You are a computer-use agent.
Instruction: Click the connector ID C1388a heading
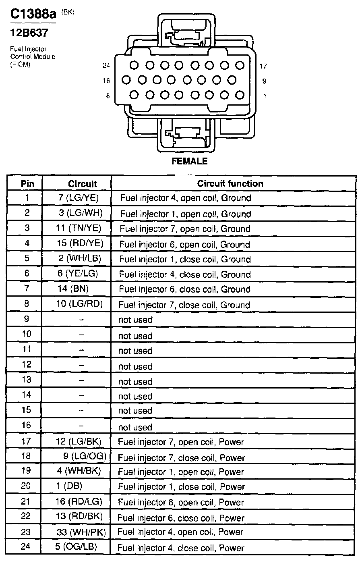[33, 15]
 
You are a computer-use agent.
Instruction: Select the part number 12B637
[29, 33]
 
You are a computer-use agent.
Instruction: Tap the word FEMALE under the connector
[189, 161]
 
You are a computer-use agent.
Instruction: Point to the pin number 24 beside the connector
[106, 66]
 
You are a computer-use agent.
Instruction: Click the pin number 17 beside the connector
[263, 66]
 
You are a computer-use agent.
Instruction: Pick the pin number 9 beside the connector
[264, 81]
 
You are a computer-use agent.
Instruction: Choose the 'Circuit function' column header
[230, 183]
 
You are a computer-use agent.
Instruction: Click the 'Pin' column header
[27, 184]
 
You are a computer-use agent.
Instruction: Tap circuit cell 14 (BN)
[73, 289]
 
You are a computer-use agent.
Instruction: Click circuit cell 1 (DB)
[73, 486]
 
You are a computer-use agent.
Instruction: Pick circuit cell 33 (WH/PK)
[81, 532]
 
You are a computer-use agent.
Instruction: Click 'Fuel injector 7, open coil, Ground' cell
[185, 229]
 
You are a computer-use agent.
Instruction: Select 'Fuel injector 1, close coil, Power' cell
[181, 487]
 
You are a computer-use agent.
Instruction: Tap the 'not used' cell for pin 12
[135, 366]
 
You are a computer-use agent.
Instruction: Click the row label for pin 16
[26, 426]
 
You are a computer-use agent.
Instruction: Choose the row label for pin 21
[26, 502]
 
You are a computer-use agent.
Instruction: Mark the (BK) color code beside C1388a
[68, 12]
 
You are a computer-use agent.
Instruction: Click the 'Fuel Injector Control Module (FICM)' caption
[32, 57]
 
